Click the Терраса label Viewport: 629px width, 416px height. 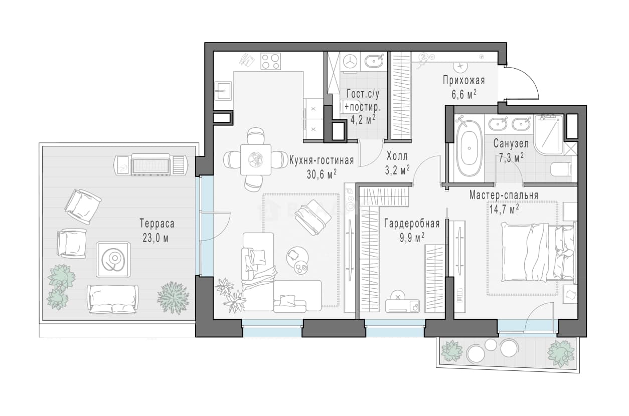[x=157, y=224]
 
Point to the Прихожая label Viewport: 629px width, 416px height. [x=464, y=81]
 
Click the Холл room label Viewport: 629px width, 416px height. [x=397, y=156]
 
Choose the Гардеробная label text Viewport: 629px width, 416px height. [x=412, y=224]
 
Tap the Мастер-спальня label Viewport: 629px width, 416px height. [x=504, y=195]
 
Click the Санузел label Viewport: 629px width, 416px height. [x=511, y=144]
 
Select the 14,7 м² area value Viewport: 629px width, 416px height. [x=504, y=209]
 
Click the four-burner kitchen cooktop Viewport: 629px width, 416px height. [x=271, y=62]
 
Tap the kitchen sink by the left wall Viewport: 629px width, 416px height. [x=223, y=91]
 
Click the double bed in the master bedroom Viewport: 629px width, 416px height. [x=539, y=252]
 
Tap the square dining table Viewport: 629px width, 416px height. [x=255, y=159]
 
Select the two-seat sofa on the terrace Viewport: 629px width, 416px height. [x=112, y=299]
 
